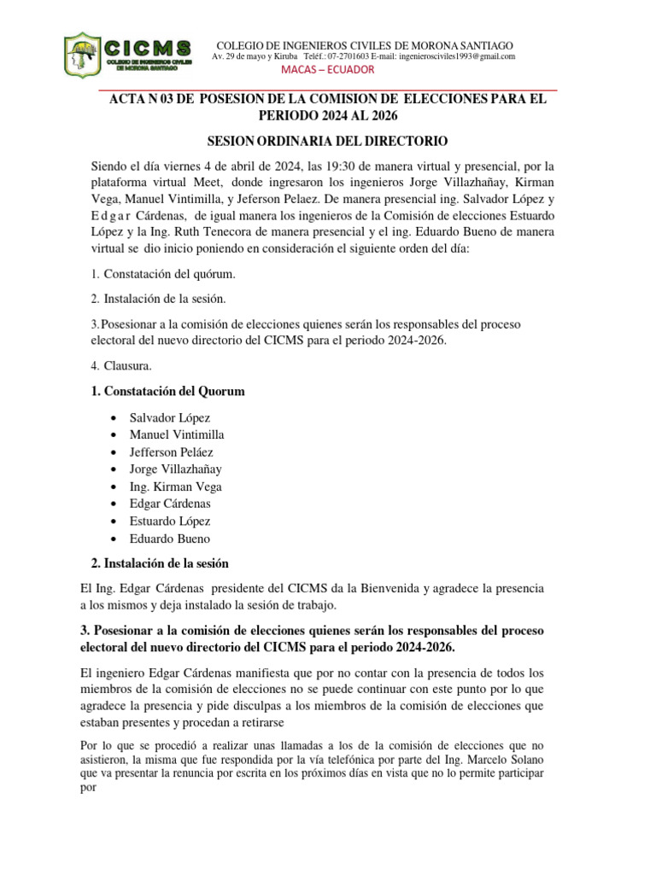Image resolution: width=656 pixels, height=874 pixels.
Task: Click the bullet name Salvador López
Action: [x=170, y=418]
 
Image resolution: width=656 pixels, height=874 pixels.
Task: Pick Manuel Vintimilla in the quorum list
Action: [x=177, y=435]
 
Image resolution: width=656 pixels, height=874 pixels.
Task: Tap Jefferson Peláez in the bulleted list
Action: [x=172, y=452]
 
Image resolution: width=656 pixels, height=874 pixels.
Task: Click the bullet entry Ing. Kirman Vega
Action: [x=175, y=487]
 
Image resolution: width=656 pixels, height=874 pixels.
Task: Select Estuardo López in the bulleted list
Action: [x=170, y=521]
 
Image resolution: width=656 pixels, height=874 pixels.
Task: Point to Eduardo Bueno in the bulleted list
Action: [x=169, y=539]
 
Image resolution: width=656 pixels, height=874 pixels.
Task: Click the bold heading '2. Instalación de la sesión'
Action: [x=160, y=563]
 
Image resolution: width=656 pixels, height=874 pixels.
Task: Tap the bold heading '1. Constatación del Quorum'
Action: [x=167, y=391]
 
